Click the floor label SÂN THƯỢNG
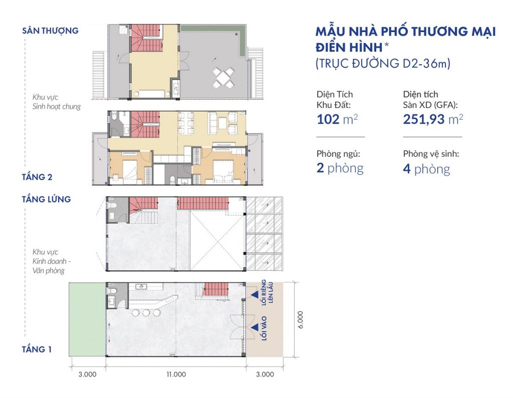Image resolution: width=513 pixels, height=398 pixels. point(50,31)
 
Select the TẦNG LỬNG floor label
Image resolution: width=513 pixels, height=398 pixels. point(47,199)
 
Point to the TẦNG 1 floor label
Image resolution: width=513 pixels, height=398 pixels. point(37,349)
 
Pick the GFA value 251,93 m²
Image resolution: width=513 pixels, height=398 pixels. point(433,120)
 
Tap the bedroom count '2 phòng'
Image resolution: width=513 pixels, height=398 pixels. point(340,168)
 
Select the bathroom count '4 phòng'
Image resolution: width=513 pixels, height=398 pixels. point(426,169)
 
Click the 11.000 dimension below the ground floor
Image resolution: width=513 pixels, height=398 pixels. point(175,374)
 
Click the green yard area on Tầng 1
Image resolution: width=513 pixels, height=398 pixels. point(87,319)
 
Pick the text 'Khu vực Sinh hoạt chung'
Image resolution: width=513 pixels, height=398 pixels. point(56,102)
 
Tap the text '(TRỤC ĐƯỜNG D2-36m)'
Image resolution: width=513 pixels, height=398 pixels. point(383,64)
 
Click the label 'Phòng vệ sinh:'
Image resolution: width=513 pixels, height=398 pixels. point(431,154)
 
